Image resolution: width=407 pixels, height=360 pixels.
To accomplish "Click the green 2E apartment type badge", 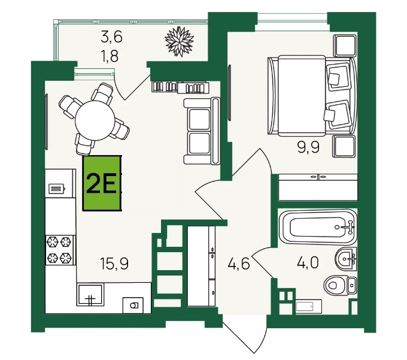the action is click(102, 183).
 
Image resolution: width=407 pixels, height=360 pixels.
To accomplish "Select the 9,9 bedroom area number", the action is click(308, 147).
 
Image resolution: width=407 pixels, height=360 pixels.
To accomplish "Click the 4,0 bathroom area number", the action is click(308, 263).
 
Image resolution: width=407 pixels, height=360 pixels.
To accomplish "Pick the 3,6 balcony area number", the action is click(111, 37).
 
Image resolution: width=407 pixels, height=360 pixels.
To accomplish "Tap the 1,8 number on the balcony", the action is click(110, 56).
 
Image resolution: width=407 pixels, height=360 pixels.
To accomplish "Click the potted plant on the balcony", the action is click(180, 41).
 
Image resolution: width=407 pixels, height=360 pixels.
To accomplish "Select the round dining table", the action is click(95, 120).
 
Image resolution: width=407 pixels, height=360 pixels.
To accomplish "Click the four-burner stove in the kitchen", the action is click(60, 250).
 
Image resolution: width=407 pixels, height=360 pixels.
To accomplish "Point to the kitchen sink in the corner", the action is click(90, 294).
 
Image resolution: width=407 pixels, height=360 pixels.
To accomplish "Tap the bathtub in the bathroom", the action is click(317, 226).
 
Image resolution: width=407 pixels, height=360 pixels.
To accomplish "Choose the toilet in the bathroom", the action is click(340, 285).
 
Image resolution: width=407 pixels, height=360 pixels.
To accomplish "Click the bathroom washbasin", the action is click(346, 259).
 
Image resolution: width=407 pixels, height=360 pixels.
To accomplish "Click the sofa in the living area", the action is click(202, 131).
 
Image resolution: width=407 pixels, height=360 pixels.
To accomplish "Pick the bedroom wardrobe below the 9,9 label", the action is click(318, 187).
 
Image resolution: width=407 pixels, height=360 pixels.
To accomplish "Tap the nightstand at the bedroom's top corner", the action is click(345, 46).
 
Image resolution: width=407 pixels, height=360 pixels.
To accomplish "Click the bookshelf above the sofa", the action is click(180, 87).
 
